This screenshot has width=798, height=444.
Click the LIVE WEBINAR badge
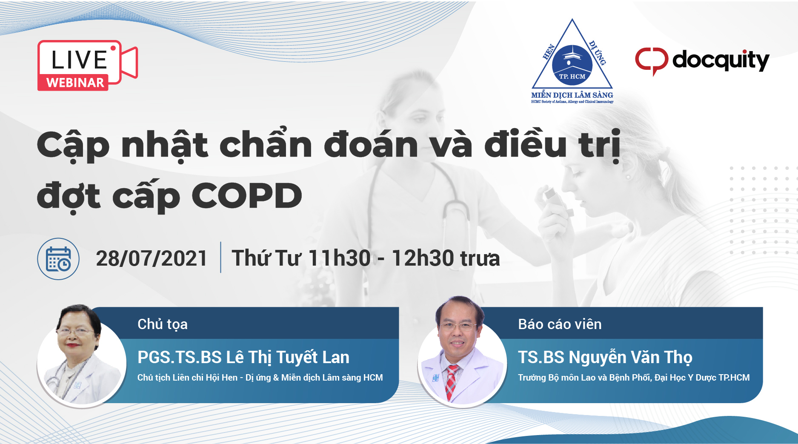tap(87, 65)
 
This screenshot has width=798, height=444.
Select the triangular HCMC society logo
tap(572, 61)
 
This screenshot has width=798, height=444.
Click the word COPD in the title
tap(247, 196)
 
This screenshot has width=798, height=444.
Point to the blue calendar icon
tap(58, 258)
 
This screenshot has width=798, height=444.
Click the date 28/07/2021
tap(152, 258)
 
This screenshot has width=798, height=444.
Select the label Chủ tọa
tap(163, 324)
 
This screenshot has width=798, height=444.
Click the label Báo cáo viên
tap(560, 324)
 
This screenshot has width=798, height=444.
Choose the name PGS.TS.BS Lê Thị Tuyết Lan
tap(243, 358)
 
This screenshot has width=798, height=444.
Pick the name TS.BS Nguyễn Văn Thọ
tap(605, 358)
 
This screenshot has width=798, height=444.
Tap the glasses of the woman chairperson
tap(75, 331)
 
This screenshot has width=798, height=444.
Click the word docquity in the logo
tap(721, 61)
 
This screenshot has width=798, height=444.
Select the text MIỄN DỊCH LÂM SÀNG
tap(572, 95)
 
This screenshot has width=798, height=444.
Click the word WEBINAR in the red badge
tap(75, 83)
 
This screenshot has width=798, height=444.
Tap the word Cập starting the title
tap(73, 146)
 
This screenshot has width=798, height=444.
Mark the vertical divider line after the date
tap(220, 257)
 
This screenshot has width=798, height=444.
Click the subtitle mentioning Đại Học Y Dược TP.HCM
tap(634, 378)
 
